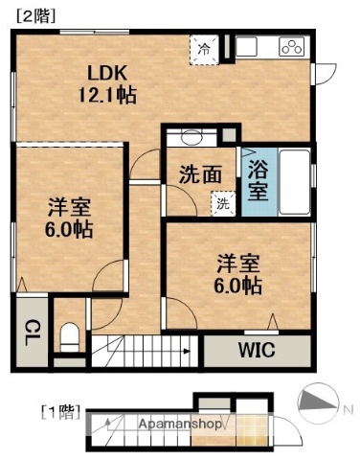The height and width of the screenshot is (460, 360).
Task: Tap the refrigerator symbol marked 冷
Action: [204, 46]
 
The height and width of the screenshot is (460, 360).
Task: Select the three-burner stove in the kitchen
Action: [290, 47]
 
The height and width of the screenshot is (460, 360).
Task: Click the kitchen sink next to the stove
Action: [249, 47]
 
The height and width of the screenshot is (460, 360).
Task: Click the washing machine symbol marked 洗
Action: [221, 202]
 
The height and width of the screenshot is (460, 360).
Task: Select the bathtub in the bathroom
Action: [295, 183]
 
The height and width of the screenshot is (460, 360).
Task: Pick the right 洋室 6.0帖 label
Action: [239, 273]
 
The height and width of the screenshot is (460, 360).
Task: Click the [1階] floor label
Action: [59, 413]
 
